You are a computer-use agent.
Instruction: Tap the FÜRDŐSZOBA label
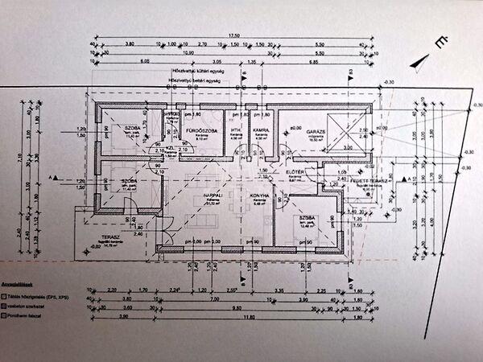pyautogui.click(x=199, y=130)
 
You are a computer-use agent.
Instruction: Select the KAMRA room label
pyautogui.click(x=259, y=130)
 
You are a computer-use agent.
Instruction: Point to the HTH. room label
pyautogui.click(x=237, y=130)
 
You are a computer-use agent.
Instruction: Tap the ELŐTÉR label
pyautogui.click(x=295, y=173)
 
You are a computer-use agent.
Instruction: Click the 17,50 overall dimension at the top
pyautogui.click(x=234, y=35)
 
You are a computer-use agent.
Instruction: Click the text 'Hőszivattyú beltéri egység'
pyautogui.click(x=197, y=81)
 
